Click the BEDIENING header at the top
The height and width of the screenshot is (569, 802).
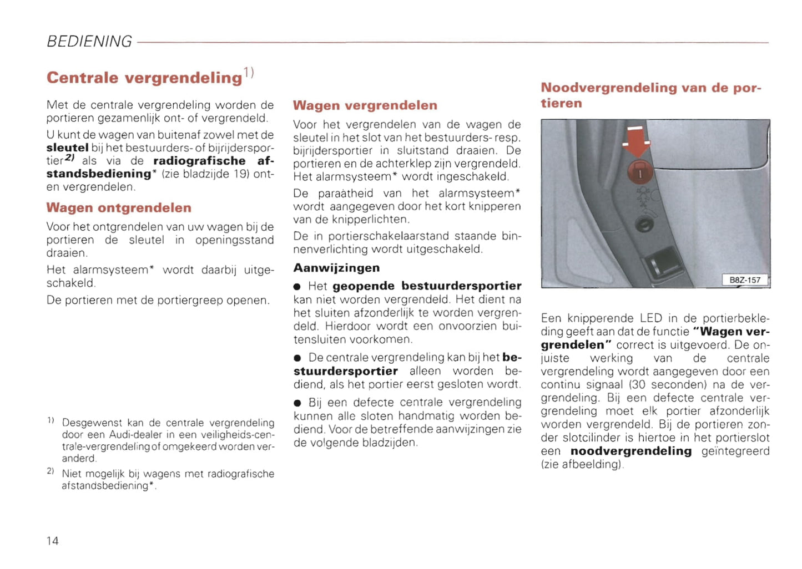[89, 42]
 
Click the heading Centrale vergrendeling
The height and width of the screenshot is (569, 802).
[144, 78]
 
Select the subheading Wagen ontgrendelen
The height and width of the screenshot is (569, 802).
[119, 208]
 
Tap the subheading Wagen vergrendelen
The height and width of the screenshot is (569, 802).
[365, 105]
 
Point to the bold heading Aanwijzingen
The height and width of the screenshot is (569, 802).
[336, 268]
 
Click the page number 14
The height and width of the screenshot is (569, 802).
[53, 541]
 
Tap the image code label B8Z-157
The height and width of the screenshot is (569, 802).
[745, 280]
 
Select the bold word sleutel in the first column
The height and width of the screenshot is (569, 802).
[67, 148]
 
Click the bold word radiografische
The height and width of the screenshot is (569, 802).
[199, 161]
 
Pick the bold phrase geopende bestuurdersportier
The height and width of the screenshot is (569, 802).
[427, 286]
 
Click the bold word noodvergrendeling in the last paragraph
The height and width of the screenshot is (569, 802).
[631, 451]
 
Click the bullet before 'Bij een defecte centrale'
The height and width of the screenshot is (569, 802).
[297, 403]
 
